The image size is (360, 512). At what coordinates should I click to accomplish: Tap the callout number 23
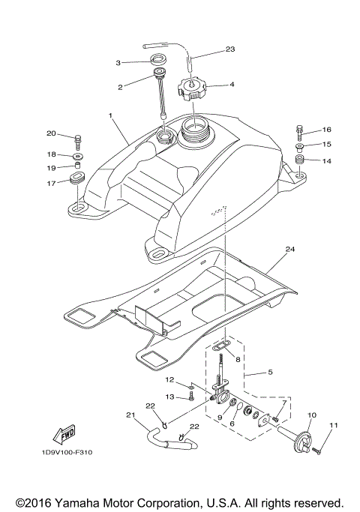[x=230, y=50]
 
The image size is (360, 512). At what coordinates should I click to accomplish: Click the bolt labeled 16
[x=300, y=132]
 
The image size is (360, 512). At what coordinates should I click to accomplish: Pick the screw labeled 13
[x=192, y=397]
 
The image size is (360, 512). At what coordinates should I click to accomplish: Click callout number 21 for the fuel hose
[x=130, y=415]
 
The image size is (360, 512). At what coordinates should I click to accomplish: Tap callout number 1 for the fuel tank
[x=110, y=117]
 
